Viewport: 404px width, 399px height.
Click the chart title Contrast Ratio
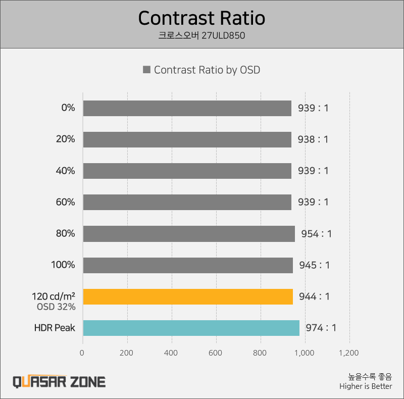tap(201, 18)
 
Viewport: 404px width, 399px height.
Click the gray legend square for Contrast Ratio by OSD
tap(146, 70)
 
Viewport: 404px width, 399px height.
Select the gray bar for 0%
tap(187, 108)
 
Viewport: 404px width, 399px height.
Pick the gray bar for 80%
tap(189, 233)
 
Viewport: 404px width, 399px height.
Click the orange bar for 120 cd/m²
tap(188, 296)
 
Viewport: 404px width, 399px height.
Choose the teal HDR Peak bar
tap(191, 328)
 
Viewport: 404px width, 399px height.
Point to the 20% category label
tap(65, 139)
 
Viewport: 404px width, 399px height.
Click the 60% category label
tap(65, 202)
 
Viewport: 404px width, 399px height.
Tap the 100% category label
tap(63, 265)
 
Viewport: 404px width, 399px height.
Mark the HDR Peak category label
tap(55, 328)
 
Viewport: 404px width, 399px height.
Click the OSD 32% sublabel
tap(56, 307)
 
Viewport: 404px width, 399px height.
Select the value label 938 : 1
tap(313, 139)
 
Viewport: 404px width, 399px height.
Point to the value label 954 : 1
tap(316, 234)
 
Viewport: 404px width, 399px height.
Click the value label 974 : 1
tap(321, 328)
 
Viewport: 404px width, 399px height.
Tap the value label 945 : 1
tap(314, 265)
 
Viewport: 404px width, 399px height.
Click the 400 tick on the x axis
tap(172, 353)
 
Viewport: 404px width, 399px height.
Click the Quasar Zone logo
tap(59, 381)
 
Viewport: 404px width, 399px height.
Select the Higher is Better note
tap(366, 386)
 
